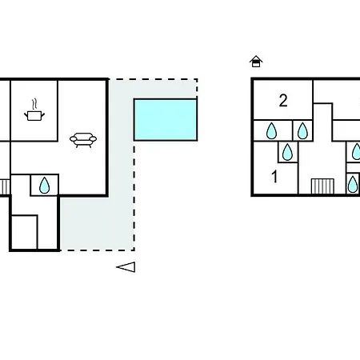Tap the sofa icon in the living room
(83, 140)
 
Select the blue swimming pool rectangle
(166, 119)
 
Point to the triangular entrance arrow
(126, 267)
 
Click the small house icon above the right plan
(256, 62)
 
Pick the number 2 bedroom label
(283, 101)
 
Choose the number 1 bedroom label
(274, 177)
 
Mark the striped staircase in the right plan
(322, 186)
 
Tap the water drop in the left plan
(44, 185)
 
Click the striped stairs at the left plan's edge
(5, 186)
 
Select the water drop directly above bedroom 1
(287, 152)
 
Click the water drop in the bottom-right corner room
(353, 184)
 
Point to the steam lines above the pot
(34, 104)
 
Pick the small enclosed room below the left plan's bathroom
(24, 232)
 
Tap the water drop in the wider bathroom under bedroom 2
(271, 131)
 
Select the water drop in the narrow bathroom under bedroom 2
(302, 131)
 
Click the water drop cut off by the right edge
(357, 152)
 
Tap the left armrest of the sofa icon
(73, 139)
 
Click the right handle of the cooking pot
(42, 115)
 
